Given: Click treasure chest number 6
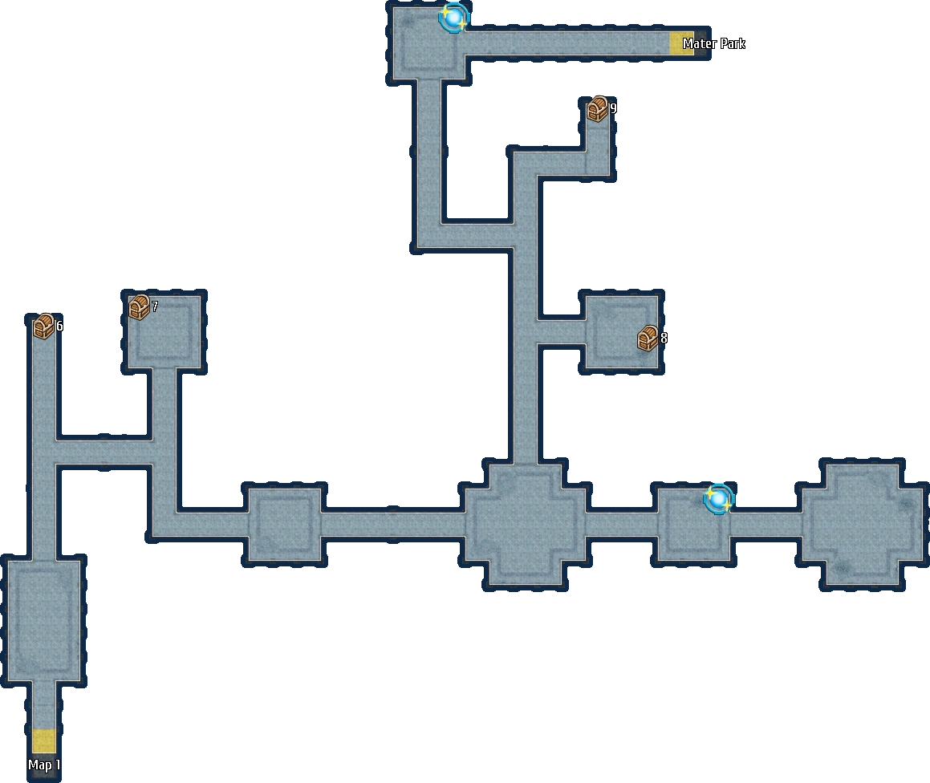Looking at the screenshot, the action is (x=43, y=326).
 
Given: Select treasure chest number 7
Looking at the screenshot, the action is (x=140, y=307).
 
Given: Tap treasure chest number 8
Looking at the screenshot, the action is (x=648, y=339).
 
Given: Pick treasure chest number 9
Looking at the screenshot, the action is (x=598, y=109).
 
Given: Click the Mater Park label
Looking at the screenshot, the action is (x=713, y=43).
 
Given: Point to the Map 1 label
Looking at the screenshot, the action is (x=44, y=765).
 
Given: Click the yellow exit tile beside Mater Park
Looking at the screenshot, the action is (x=681, y=43).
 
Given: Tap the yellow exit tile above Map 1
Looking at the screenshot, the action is (x=44, y=740).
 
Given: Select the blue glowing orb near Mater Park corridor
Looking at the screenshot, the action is (x=454, y=17).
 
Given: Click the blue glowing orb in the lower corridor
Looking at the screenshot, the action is (x=718, y=499).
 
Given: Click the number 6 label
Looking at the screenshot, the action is (x=59, y=327).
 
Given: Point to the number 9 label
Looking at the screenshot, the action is (x=613, y=108).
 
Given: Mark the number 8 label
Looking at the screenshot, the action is (x=664, y=339).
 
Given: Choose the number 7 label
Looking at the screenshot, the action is (x=155, y=306).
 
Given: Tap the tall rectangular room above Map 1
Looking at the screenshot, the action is (x=44, y=620).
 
